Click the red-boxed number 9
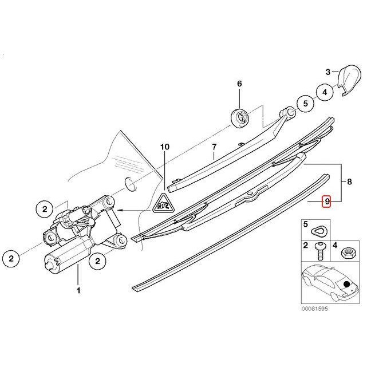(327, 202)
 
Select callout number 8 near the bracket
(349, 183)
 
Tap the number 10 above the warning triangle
(165, 147)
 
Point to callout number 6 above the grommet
(240, 84)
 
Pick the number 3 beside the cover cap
(328, 72)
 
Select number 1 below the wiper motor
(78, 291)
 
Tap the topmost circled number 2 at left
(45, 209)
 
